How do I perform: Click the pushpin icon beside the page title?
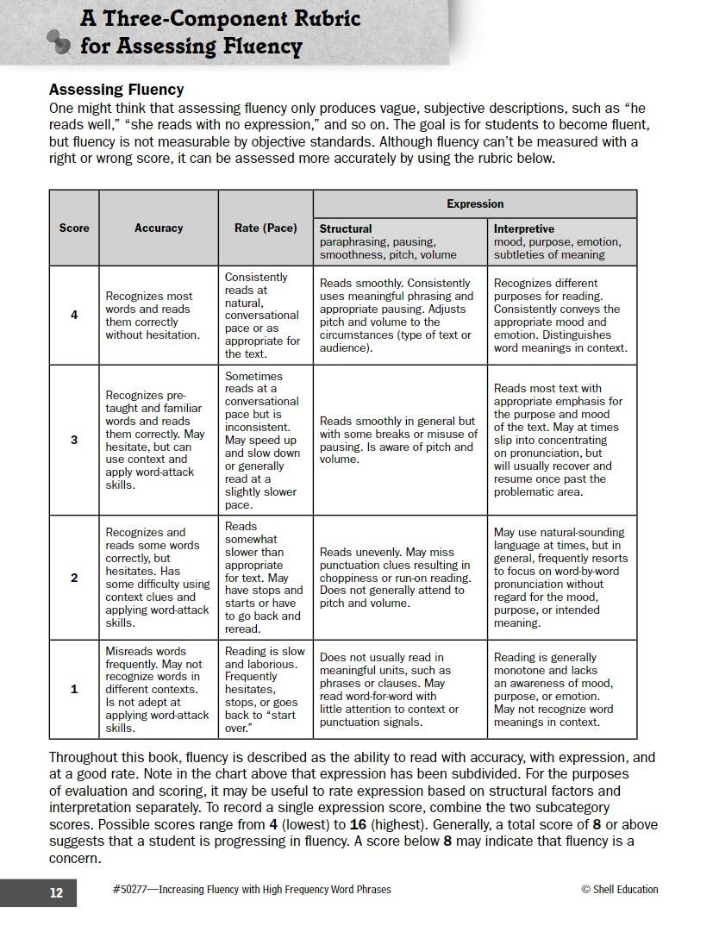59,41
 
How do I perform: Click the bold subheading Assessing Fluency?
116,90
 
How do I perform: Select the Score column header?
74,228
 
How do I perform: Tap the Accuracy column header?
159,228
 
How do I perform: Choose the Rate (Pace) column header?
266,228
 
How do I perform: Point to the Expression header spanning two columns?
474,204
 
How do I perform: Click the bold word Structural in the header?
346,229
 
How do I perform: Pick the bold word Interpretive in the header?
523,229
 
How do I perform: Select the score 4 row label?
74,315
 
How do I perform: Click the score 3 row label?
74,440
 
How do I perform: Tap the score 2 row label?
74,578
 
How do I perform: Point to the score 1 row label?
74,689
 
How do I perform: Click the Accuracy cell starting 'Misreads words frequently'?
158,689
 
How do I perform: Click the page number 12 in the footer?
56,893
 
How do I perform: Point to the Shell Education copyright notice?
619,890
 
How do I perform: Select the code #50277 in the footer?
130,890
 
